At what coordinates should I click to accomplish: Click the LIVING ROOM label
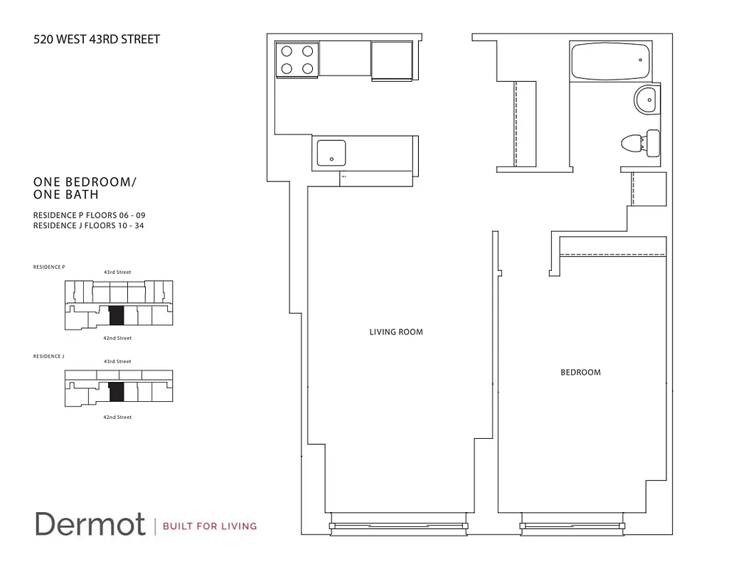pyautogui.click(x=396, y=332)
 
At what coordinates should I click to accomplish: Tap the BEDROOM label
pyautogui.click(x=580, y=372)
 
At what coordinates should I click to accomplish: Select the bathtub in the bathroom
pyautogui.click(x=609, y=61)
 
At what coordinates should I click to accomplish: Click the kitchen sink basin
pyautogui.click(x=331, y=151)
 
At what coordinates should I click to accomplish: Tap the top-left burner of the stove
pyautogui.click(x=287, y=51)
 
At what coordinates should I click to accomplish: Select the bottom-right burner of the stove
pyautogui.click(x=307, y=68)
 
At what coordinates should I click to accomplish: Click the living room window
pyautogui.click(x=398, y=526)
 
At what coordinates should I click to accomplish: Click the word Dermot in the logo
pyautogui.click(x=90, y=524)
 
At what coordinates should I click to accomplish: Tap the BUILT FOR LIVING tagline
pyautogui.click(x=210, y=526)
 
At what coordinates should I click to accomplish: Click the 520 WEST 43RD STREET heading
pyautogui.click(x=97, y=39)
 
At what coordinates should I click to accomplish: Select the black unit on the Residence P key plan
pyautogui.click(x=117, y=316)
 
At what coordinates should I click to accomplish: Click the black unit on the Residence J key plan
pyautogui.click(x=117, y=391)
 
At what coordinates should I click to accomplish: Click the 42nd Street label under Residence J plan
pyautogui.click(x=117, y=417)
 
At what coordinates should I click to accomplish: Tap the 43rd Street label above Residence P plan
pyautogui.click(x=117, y=272)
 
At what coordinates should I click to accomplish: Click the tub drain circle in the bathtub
pyautogui.click(x=640, y=60)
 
